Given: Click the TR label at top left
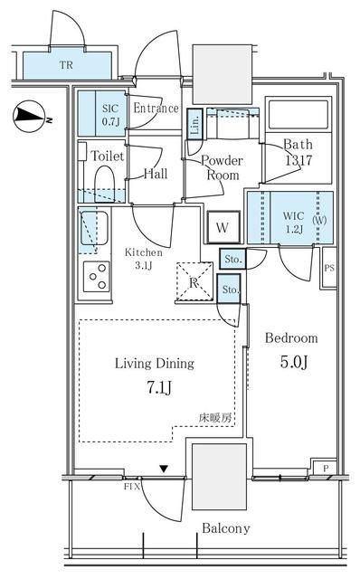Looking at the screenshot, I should (66, 65).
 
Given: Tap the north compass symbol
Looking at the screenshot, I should (29, 114).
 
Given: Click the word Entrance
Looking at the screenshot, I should (156, 108).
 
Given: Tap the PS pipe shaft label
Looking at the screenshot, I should (329, 268).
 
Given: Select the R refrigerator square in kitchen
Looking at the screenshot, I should (193, 280).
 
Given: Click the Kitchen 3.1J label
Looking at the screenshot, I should (143, 259).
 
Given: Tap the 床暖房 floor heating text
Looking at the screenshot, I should (215, 418).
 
